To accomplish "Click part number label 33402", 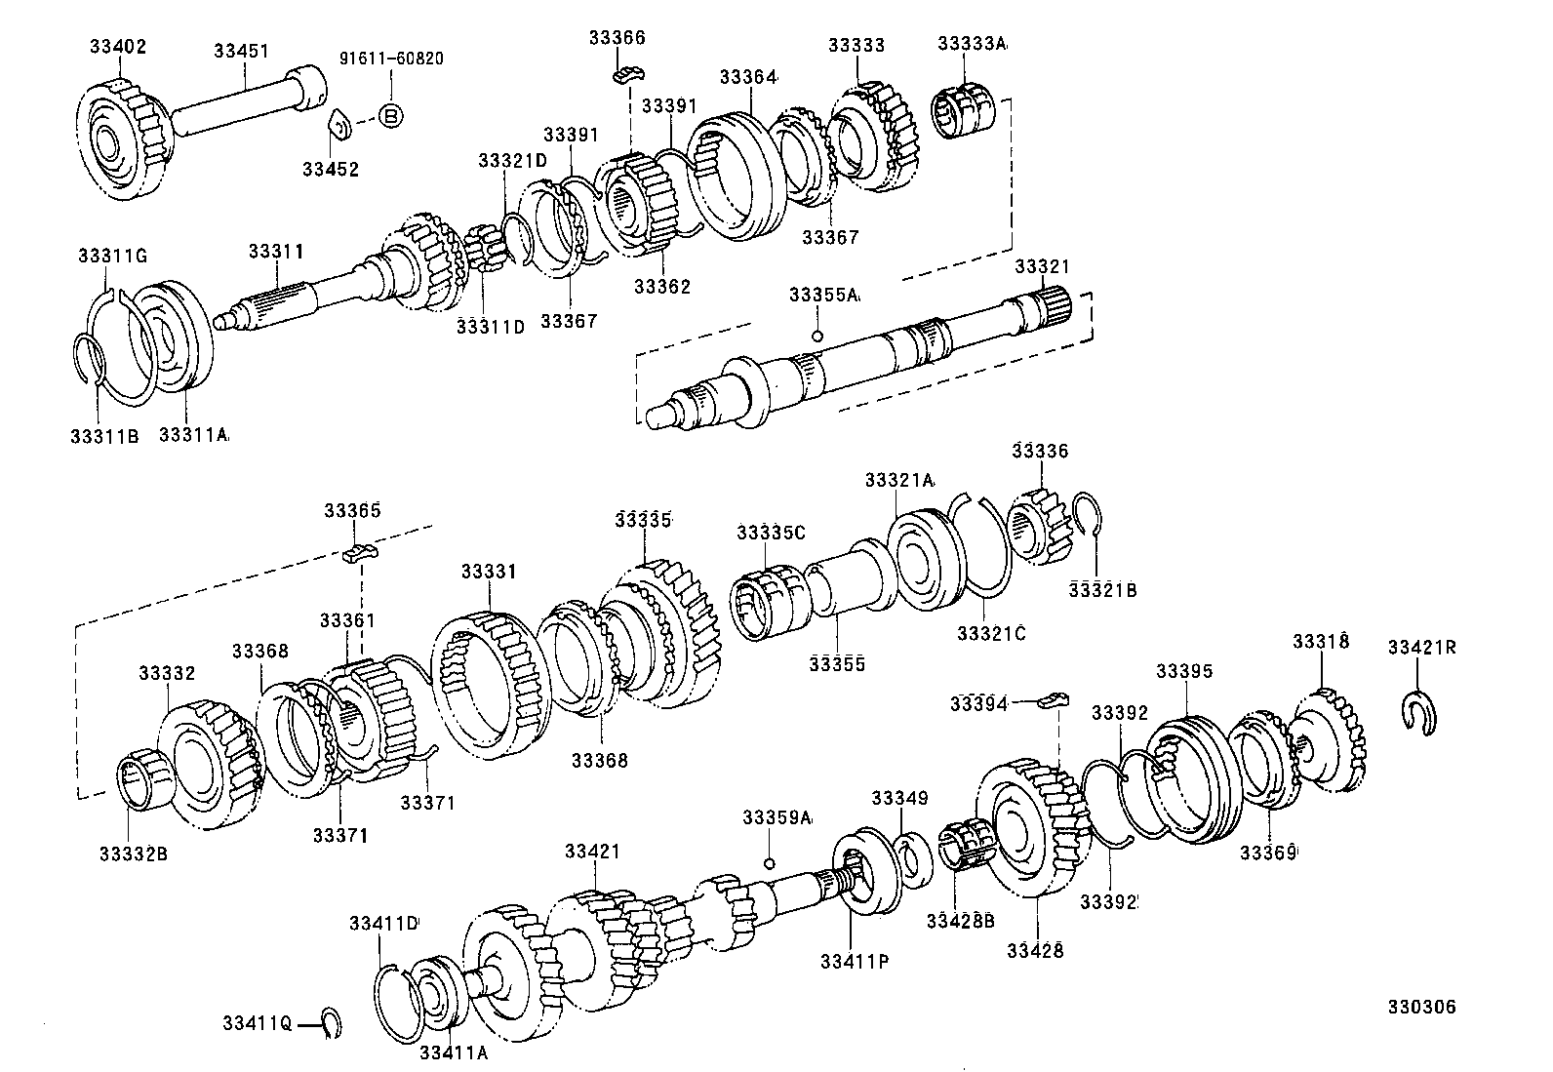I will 118,44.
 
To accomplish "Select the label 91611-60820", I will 390,59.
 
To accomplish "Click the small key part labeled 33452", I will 338,127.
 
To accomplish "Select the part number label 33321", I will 1042,266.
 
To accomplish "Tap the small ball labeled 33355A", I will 817,337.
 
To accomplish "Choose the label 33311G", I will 112,256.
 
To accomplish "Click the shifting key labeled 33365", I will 360,554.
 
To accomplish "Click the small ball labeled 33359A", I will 770,863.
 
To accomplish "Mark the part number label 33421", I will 591,852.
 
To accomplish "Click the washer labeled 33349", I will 912,859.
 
